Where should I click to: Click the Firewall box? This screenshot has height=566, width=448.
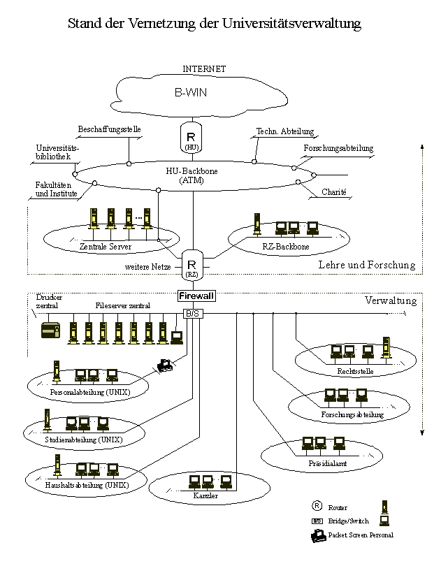pos(195,296)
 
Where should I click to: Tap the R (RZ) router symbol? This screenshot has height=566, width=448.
pos(192,266)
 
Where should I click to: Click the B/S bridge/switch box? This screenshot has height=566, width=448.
pos(193,314)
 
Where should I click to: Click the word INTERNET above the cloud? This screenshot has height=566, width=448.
pos(204,68)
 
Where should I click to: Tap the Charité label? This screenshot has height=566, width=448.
pos(334,191)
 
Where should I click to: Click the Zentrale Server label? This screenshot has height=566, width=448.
pos(106,247)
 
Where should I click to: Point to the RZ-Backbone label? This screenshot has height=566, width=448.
pos(288,247)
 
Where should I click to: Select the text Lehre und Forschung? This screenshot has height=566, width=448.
pos(366,266)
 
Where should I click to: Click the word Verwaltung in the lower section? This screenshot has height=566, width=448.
pos(391,301)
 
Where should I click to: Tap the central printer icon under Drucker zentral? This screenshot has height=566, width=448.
pos(50,331)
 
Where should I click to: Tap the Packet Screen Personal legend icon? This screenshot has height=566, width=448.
pos(318,535)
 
